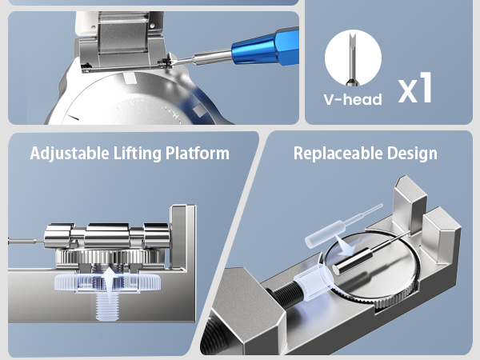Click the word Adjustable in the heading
(x=70, y=154)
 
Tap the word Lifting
(x=137, y=154)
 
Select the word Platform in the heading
(x=198, y=153)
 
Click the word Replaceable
(x=338, y=154)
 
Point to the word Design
(x=412, y=154)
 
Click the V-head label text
(x=353, y=99)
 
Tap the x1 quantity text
(x=415, y=87)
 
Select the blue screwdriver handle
(x=266, y=47)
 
